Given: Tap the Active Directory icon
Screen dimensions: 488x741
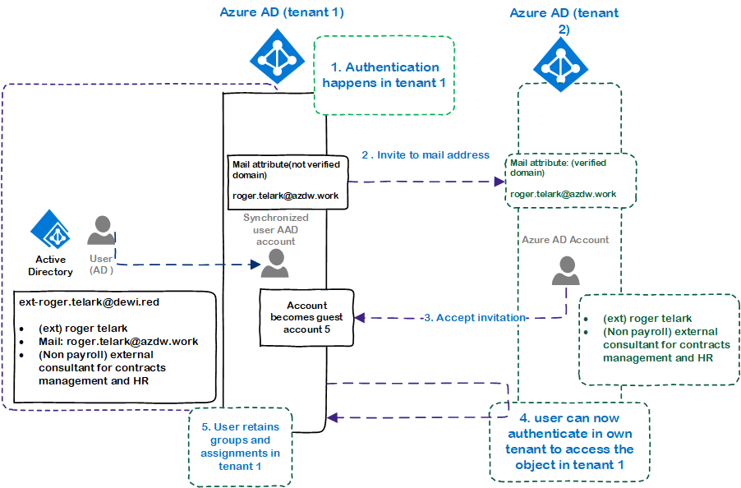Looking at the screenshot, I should tap(51, 230).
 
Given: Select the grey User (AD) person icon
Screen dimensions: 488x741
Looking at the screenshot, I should tap(101, 230).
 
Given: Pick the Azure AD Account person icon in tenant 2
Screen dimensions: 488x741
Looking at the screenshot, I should tap(566, 270).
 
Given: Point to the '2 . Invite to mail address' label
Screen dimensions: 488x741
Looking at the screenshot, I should tap(425, 154).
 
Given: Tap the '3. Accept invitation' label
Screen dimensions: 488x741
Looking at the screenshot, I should tap(474, 318).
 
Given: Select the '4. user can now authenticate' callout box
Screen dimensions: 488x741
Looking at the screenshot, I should tap(569, 442).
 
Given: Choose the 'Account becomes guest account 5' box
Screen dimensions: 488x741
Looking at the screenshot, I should tap(306, 316).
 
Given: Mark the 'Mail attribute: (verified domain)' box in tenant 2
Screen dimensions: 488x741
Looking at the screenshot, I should tap(570, 180).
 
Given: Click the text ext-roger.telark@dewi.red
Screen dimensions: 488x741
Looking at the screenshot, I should tap(89, 302).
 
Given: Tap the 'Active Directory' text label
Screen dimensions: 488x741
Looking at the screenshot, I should tap(50, 265).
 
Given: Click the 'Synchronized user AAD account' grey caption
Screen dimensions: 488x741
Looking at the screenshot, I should tap(275, 229).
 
